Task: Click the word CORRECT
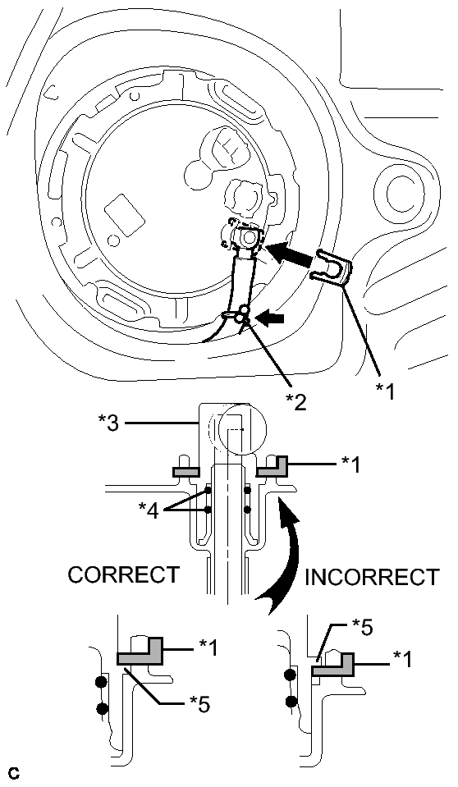[123, 574]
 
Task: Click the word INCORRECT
[372, 578]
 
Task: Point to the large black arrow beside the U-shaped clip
[290, 255]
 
